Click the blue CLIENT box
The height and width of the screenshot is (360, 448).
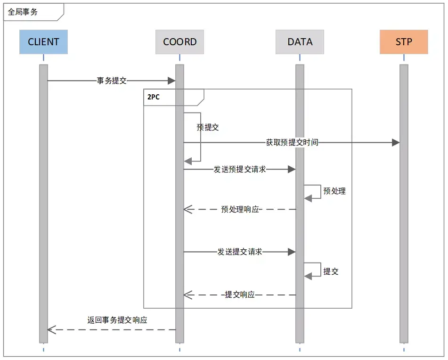(43, 42)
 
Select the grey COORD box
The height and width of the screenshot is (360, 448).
(179, 42)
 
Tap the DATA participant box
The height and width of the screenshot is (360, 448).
(300, 42)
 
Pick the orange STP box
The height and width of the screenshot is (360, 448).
(404, 42)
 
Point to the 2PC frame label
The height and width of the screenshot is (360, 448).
(153, 97)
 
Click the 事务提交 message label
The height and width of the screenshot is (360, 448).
(112, 81)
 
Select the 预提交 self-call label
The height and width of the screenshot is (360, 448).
(208, 127)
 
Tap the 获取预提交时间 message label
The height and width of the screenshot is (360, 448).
(292, 142)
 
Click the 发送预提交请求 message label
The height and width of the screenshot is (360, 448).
(240, 169)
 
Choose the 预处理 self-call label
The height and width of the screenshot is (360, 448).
(334, 191)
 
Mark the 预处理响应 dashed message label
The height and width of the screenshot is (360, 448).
(240, 209)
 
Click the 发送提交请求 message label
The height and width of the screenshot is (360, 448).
(240, 252)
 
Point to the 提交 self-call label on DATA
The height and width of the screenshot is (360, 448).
(331, 271)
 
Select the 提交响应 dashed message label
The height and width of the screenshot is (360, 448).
(240, 295)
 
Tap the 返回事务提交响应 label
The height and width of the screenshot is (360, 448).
(117, 319)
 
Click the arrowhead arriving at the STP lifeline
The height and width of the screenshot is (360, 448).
(396, 142)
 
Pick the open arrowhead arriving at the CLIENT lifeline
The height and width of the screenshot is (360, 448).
(51, 330)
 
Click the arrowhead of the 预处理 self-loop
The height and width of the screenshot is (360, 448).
(308, 198)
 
